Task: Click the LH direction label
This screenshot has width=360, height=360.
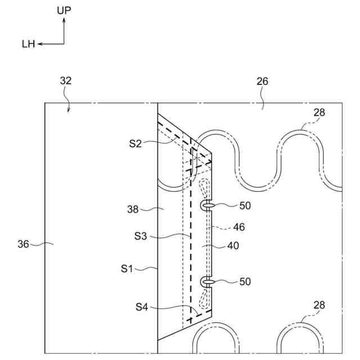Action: (28, 44)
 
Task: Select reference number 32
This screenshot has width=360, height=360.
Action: (65, 81)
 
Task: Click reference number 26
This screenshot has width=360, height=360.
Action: (262, 81)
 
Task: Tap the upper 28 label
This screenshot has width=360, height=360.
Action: (319, 112)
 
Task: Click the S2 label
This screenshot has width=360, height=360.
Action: (134, 143)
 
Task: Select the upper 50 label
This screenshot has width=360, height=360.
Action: (245, 206)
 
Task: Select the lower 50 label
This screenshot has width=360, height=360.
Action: (245, 281)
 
